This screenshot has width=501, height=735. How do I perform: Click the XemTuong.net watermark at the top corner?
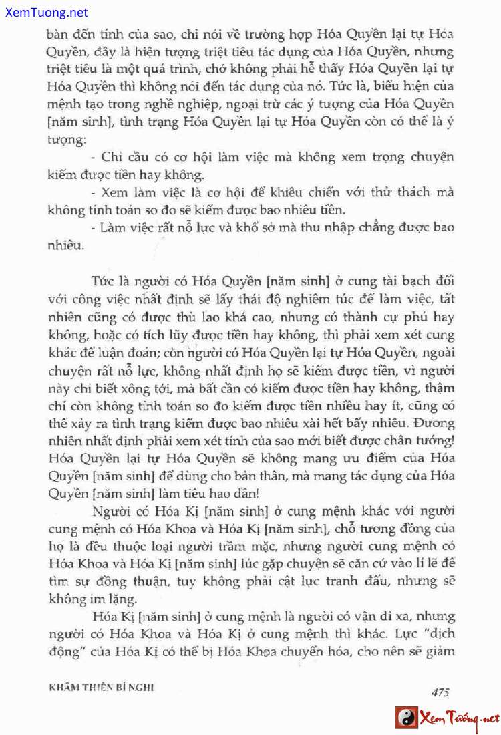coord(45,13)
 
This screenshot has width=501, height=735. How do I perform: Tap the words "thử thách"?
coord(411,192)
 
